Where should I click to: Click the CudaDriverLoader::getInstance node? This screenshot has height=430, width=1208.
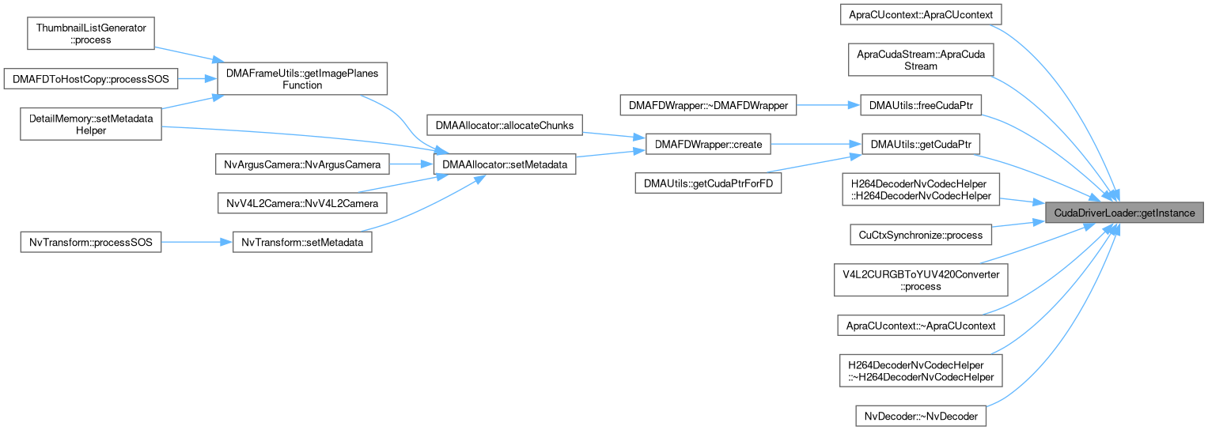click(1124, 213)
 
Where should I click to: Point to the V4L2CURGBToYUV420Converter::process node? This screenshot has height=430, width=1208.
click(922, 280)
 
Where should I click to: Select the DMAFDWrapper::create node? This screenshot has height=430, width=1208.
click(708, 145)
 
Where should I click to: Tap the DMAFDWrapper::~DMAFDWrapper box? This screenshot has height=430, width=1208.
click(708, 105)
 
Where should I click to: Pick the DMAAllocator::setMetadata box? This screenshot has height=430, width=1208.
click(505, 164)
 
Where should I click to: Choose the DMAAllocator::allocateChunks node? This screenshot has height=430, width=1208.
click(505, 125)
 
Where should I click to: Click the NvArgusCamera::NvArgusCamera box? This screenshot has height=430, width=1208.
click(303, 164)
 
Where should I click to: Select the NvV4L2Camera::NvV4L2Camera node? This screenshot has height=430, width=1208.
click(303, 204)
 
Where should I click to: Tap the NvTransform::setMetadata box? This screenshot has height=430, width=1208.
click(303, 243)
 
